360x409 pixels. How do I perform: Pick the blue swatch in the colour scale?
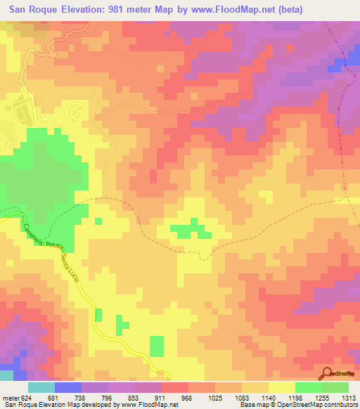(x=67, y=387)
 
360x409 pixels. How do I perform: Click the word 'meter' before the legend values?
(x=12, y=398)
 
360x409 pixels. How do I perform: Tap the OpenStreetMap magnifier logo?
(x=327, y=372)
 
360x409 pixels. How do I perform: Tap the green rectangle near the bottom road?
(x=157, y=346)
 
